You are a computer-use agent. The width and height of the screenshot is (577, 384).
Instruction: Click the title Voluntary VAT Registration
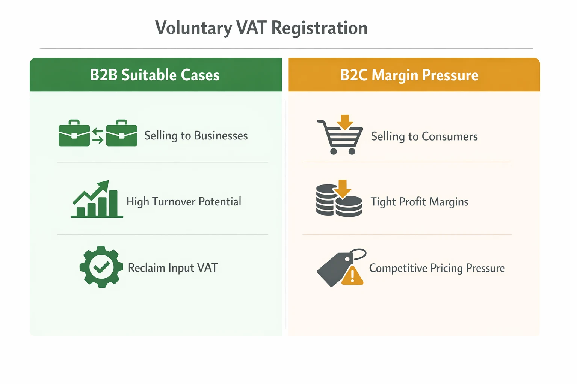tap(261, 28)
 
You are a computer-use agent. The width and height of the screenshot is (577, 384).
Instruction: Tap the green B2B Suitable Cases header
tap(156, 75)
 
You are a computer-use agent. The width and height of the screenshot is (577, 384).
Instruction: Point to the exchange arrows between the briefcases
tap(98, 136)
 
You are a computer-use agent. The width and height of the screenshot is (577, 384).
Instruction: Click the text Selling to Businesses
tap(196, 135)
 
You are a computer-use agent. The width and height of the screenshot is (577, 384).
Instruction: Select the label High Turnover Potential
tap(184, 202)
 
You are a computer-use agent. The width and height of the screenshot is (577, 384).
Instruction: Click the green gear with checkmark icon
tap(101, 267)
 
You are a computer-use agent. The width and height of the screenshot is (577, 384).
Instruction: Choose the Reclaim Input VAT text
tap(173, 268)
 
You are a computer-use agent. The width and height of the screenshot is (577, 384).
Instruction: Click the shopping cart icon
tap(340, 136)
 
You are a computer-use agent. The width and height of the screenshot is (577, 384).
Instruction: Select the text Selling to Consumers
tap(424, 136)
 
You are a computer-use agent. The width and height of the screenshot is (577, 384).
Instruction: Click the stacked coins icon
tap(338, 201)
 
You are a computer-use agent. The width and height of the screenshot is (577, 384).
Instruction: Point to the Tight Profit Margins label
tap(419, 202)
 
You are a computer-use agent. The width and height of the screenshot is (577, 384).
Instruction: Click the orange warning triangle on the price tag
tap(352, 276)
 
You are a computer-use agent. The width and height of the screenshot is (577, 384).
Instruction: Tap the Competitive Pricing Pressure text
tap(437, 268)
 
